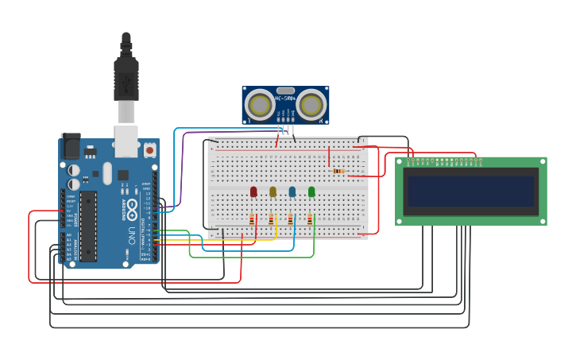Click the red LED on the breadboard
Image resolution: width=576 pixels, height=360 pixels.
253,192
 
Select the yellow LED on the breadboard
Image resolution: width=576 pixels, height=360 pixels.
273,192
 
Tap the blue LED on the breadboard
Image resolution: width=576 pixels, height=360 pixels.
292,192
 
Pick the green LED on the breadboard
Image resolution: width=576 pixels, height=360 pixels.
311,192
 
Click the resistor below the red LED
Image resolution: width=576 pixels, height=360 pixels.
252,219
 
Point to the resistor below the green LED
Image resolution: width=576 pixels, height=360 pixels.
309,219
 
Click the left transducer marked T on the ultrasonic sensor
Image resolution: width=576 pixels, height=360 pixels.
259,104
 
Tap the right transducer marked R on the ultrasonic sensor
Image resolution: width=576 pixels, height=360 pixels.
311,104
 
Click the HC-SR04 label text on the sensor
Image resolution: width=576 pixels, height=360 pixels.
285,99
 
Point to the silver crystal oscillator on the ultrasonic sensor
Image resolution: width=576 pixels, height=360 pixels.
285,91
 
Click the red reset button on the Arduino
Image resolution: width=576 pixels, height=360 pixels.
149,149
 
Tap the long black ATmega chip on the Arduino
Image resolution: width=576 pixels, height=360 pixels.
88,226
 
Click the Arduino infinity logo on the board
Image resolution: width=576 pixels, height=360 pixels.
133,206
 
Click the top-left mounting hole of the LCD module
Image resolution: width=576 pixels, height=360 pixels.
400,162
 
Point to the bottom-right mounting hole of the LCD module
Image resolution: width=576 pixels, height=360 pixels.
542,220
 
